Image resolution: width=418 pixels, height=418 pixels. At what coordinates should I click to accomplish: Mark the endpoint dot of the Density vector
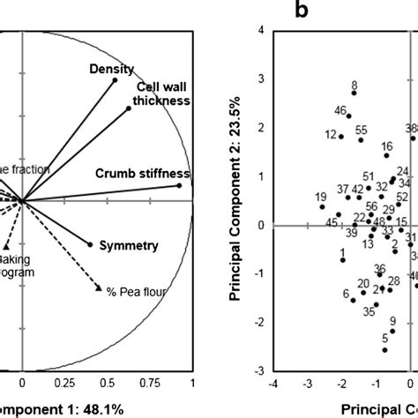coord(115,81)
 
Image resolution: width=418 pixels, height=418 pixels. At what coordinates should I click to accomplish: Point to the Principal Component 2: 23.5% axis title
coord(235,200)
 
